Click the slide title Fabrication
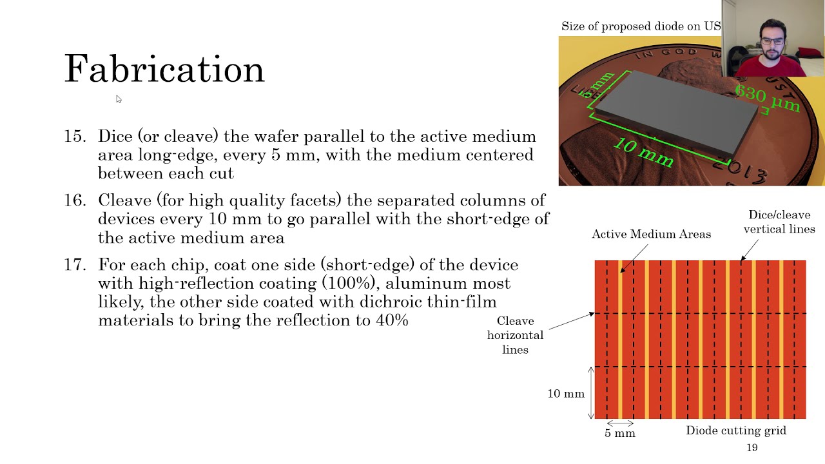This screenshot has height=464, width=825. point(164,69)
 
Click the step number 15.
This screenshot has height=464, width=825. point(74,137)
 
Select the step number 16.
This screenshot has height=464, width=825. point(74,200)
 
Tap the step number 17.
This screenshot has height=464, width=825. point(74,265)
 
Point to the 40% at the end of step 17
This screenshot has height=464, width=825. point(392,320)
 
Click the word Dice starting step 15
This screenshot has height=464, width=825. point(114,137)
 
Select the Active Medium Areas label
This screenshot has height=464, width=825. point(651,235)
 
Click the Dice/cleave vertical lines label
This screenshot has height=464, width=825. point(779,222)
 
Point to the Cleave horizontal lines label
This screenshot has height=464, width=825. point(515,335)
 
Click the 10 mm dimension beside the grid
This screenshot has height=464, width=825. point(565,394)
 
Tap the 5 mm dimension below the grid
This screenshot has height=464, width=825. point(619,434)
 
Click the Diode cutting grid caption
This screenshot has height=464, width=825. point(735,430)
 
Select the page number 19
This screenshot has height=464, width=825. point(752,448)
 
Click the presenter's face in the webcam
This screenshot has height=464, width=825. point(773,42)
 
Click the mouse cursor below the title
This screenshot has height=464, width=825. point(119,99)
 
